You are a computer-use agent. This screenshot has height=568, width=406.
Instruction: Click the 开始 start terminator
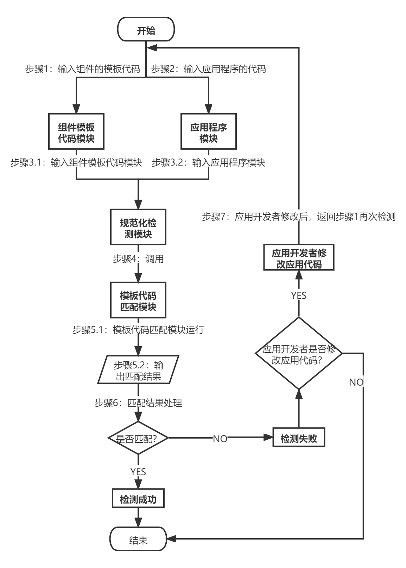click(x=146, y=30)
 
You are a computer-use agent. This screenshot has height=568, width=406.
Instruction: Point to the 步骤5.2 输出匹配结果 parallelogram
click(x=138, y=370)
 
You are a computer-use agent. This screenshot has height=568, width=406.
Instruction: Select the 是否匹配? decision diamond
click(x=138, y=438)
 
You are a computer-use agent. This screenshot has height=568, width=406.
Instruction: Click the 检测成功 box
click(x=138, y=499)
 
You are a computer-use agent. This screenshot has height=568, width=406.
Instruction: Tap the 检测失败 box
click(x=299, y=438)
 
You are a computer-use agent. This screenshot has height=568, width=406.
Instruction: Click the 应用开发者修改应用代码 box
click(x=299, y=258)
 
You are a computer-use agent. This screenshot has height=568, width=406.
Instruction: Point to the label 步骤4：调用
click(x=138, y=259)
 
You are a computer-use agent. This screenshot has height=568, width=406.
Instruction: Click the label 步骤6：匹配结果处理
click(x=138, y=402)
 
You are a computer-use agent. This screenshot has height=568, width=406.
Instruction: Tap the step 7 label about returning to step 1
click(x=299, y=217)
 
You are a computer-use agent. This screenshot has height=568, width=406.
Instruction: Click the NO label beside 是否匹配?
click(x=220, y=438)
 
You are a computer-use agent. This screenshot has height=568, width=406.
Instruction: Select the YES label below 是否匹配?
click(x=138, y=471)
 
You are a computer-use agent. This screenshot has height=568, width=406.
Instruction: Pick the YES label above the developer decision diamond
click(x=299, y=295)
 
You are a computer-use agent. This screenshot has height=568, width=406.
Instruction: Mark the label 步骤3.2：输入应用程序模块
click(x=208, y=162)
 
